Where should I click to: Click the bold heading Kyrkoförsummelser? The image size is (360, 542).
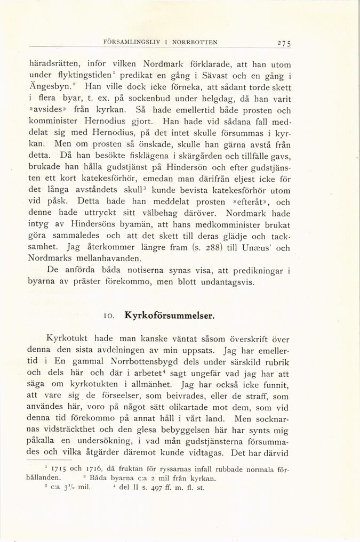(169, 315)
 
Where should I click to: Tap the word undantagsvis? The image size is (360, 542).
(221, 282)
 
